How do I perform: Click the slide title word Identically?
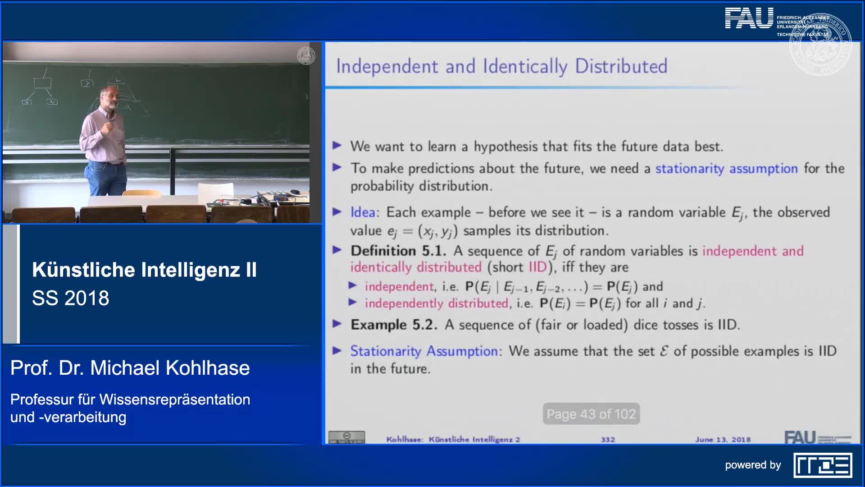pyautogui.click(x=525, y=67)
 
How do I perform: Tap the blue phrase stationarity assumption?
pyautogui.click(x=726, y=169)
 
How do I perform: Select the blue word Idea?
pyautogui.click(x=363, y=212)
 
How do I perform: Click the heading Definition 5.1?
pyautogui.click(x=398, y=251)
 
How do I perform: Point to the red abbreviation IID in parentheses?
pyautogui.click(x=537, y=267)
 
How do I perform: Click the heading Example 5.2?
pyautogui.click(x=394, y=325)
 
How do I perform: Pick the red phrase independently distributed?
pyautogui.click(x=436, y=303)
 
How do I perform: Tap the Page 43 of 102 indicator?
pyautogui.click(x=591, y=414)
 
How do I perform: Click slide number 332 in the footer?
pyautogui.click(x=608, y=439)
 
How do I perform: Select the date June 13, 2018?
pyautogui.click(x=723, y=439)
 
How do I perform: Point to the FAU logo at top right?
pyautogui.click(x=749, y=19)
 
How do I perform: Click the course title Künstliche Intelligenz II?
pyautogui.click(x=144, y=270)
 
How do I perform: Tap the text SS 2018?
pyautogui.click(x=71, y=298)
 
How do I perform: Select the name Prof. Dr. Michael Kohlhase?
pyautogui.click(x=130, y=368)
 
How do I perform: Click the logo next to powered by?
pyautogui.click(x=823, y=465)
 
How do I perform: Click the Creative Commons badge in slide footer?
pyautogui.click(x=346, y=437)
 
